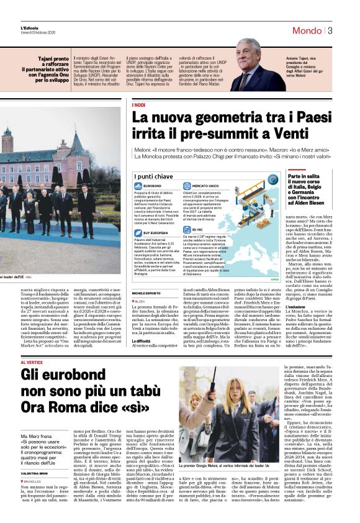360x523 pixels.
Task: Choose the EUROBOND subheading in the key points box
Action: (x=151, y=186)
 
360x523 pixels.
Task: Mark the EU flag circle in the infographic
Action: (x=272, y=180)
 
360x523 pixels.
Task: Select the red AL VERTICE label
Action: (x=32, y=362)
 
